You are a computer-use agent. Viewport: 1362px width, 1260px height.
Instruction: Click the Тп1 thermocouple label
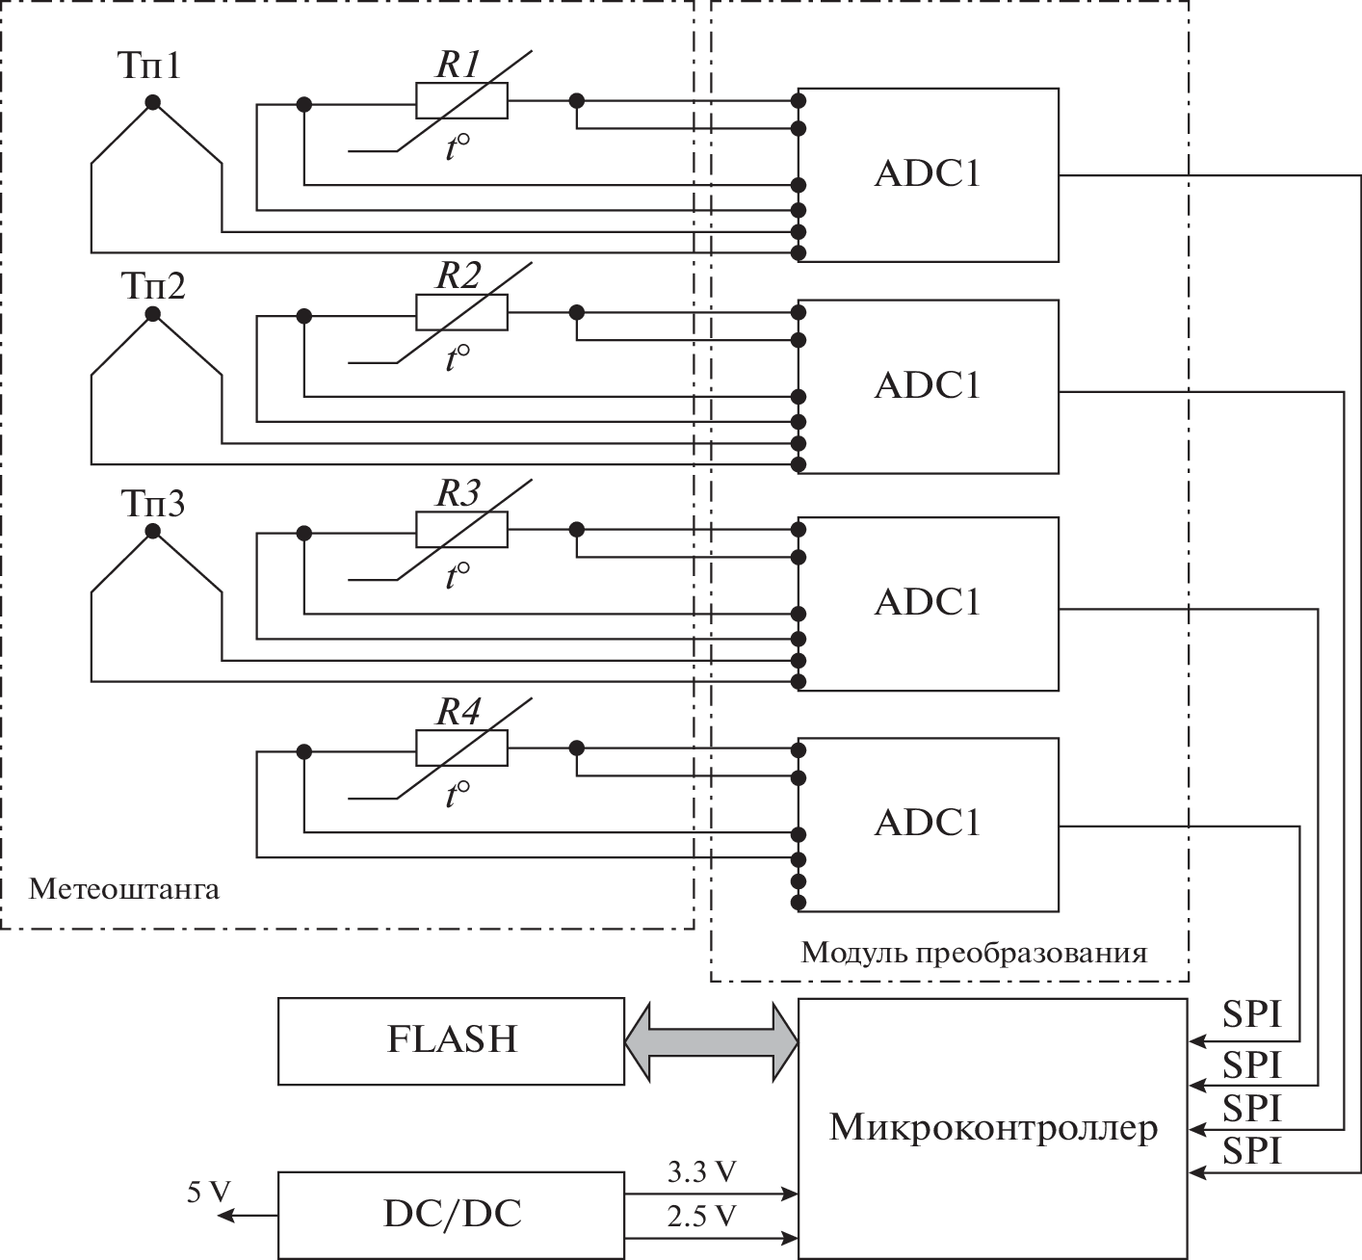click(149, 66)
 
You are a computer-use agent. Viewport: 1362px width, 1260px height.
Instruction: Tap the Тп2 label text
click(152, 286)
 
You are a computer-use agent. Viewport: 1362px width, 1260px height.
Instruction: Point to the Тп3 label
click(152, 504)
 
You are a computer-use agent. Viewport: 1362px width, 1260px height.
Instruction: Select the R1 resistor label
click(458, 65)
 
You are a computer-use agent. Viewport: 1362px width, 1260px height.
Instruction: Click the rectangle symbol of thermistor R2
click(461, 312)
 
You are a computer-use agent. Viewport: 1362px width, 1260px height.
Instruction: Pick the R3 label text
click(458, 493)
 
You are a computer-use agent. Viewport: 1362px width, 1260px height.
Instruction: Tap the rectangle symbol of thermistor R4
click(461, 748)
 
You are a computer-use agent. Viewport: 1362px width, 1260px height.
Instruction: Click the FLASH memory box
click(451, 1041)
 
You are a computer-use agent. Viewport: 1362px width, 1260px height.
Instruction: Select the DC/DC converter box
click(451, 1215)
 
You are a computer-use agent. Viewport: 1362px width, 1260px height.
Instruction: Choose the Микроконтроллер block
click(992, 1127)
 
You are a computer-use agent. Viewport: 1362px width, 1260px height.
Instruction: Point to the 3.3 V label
click(701, 1172)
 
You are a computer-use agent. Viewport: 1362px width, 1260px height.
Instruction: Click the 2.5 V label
click(701, 1217)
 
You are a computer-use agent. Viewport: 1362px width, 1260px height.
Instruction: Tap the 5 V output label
click(209, 1193)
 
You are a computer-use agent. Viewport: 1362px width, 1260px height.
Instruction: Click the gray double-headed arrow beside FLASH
click(712, 1041)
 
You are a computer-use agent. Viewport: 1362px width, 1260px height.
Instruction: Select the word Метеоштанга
click(124, 888)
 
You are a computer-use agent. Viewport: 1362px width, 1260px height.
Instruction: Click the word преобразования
click(1031, 954)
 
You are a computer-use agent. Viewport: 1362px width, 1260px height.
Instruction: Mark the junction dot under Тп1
click(152, 102)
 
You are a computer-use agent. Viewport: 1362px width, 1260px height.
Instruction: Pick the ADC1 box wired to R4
click(929, 825)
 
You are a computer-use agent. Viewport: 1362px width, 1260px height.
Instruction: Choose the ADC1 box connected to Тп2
click(929, 386)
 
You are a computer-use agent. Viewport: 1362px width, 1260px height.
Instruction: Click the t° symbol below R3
click(458, 576)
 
